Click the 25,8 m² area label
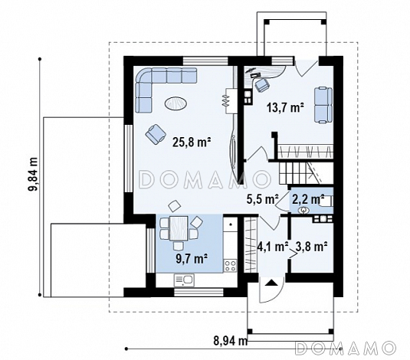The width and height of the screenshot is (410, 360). pos(192,142)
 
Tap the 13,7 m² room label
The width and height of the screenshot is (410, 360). pos(285,107)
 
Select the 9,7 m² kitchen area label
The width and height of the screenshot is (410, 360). pos(192,259)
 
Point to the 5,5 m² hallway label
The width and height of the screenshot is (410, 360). pos(262,199)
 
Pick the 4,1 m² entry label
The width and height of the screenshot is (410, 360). pos(273,247)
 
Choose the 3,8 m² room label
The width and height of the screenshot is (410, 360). pos(311,247)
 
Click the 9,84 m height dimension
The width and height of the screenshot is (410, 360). pos(33,175)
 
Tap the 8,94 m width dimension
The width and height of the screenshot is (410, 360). pos(231,341)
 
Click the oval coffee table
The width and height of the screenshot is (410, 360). pos(175,103)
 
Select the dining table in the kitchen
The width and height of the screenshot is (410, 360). pos(179,228)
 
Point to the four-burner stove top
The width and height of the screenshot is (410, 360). pos(231,266)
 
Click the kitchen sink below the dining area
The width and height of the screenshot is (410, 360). pos(184,280)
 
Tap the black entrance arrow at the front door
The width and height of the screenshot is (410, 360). pos(271,283)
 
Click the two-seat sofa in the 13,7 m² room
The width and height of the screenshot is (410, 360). pos(323,105)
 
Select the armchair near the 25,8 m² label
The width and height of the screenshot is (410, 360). pos(156,134)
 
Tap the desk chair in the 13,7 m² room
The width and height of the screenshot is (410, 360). pos(262,84)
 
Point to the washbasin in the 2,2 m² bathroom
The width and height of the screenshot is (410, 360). pos(303,210)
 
